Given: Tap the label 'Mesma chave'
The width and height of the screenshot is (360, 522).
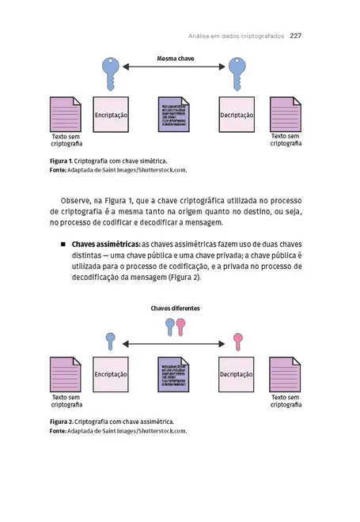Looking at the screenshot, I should coord(175,59).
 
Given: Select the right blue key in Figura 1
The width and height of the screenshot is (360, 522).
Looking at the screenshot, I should coord(236,74).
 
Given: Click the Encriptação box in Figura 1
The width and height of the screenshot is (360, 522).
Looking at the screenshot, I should coord(111,115).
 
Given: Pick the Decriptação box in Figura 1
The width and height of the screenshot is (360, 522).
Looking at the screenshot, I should coord(237,115).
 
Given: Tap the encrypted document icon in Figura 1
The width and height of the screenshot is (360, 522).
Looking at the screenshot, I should coord(174,115).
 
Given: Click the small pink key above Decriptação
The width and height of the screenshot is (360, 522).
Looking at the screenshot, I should coord(237,342).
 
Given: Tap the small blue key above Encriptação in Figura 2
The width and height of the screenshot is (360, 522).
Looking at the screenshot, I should coord(110,342).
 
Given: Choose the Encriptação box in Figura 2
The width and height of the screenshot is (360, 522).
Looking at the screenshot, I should coord(111,374).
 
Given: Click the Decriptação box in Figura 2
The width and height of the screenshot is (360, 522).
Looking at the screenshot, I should coord(237,374).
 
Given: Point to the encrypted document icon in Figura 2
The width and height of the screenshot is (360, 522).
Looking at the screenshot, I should coord(174,374).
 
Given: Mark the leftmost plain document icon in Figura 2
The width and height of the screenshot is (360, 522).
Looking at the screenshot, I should coord(65,374).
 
